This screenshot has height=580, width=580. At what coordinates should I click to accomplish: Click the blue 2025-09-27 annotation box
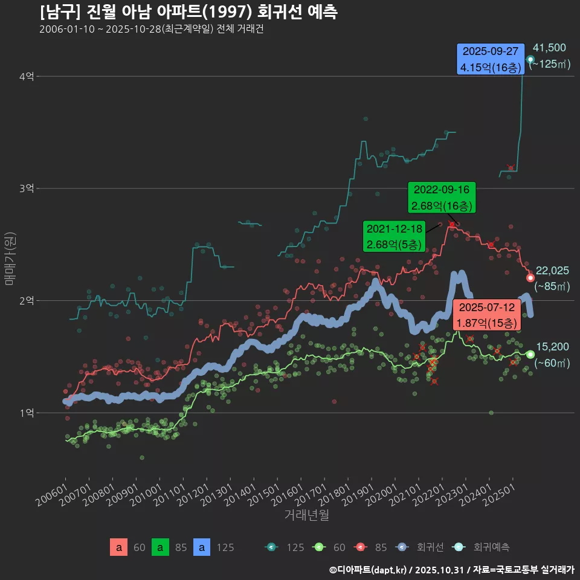coord(490,59)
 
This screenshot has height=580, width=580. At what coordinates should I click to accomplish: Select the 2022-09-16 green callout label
coord(442,198)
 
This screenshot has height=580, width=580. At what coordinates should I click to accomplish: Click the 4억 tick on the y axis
coord(26,77)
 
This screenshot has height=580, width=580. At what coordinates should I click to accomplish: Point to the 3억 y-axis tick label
coord(26,188)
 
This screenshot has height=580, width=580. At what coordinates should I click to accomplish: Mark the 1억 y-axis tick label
coord(26,413)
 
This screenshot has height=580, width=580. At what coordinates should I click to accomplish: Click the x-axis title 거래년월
coord(306,515)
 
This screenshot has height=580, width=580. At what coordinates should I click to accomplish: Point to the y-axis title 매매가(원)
coord(9,258)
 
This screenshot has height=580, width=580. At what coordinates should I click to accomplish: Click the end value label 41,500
coord(549,48)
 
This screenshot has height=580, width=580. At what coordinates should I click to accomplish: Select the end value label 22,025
coord(552,271)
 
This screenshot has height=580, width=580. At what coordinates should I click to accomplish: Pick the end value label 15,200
coord(552,347)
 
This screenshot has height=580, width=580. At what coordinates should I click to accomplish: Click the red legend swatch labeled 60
coord(119,547)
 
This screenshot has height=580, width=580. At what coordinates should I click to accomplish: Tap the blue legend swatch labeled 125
coord(202,547)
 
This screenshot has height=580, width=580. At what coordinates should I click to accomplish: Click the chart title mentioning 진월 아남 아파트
coord(188,12)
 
